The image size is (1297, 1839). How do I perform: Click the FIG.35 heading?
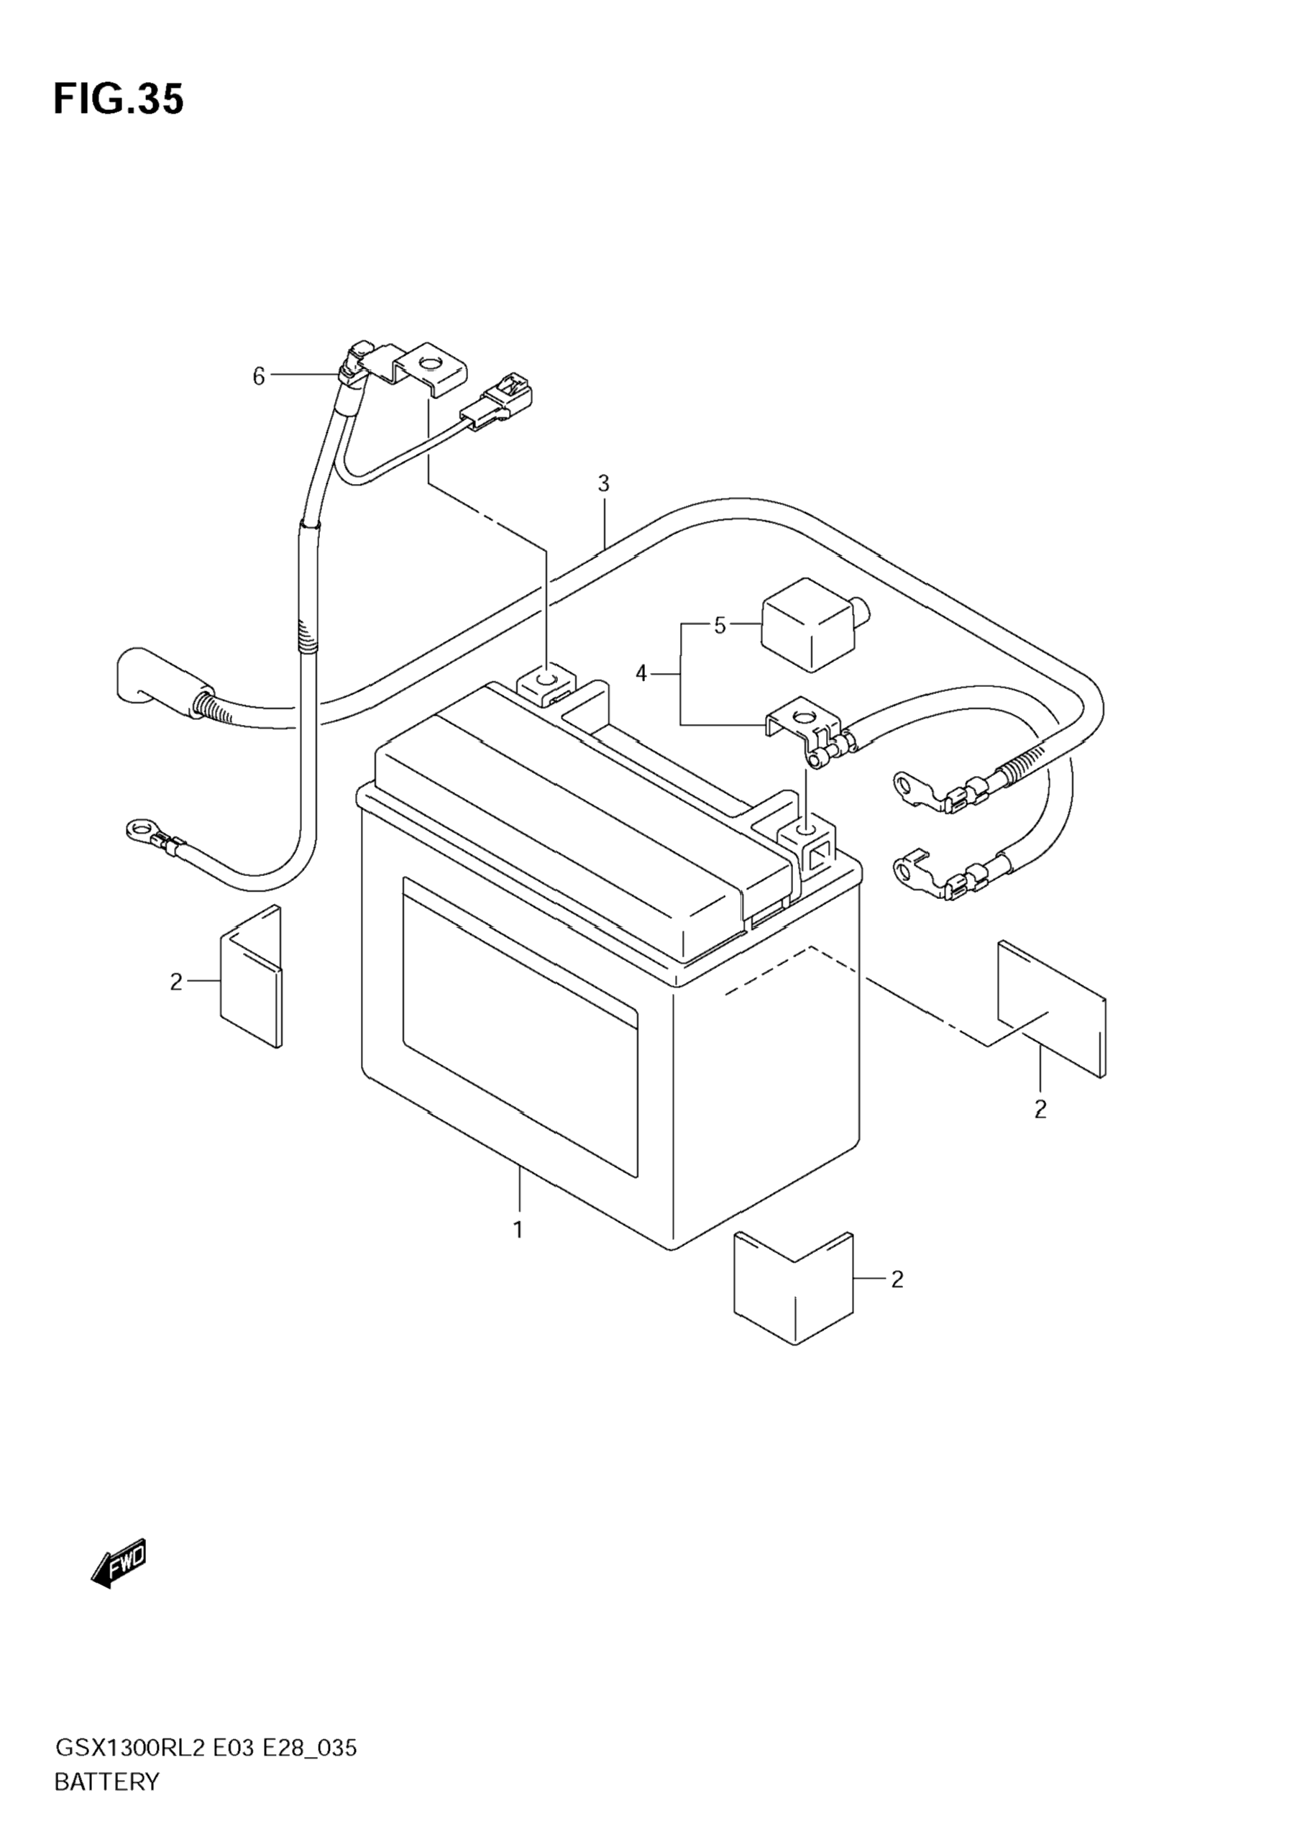point(119,99)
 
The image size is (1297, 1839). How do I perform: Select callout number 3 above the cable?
point(603,484)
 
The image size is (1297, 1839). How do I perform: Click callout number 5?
point(720,626)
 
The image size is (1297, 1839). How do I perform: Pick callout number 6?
point(259,375)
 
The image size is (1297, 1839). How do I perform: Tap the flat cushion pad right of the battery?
point(1051,1009)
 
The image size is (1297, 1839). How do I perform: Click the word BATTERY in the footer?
point(106,1782)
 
